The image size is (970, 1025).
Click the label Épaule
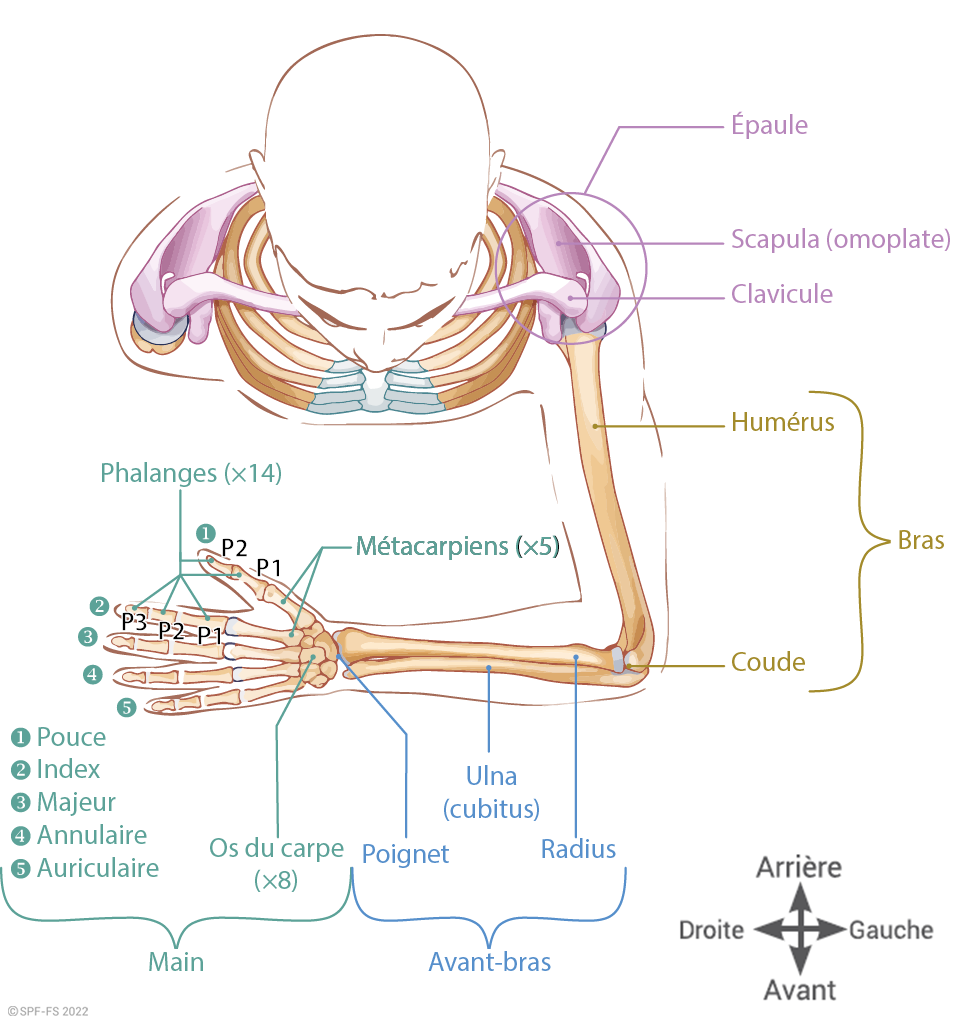[x=769, y=126]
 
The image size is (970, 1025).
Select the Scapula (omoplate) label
[x=840, y=240]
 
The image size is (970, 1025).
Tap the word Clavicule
[x=781, y=295]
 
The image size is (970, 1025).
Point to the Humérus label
[x=782, y=422]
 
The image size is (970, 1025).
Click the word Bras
[x=921, y=541]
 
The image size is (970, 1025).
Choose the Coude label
[x=768, y=662]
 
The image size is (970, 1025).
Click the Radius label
[x=578, y=849]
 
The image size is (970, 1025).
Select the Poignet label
[x=405, y=854]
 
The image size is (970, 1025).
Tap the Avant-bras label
[x=490, y=962]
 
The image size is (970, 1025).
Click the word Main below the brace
[x=176, y=962]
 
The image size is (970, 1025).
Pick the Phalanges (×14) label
[x=191, y=474]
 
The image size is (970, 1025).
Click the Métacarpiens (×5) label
[x=457, y=547]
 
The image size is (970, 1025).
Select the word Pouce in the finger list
[x=71, y=738]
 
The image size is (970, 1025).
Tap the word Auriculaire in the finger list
[x=98, y=868]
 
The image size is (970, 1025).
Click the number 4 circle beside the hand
[x=93, y=675]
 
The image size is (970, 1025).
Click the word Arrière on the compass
[x=799, y=867]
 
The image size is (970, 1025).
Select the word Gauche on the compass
[x=891, y=930]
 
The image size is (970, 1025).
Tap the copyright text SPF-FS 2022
[x=48, y=1012]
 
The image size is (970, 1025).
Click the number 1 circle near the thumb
[x=204, y=532]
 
